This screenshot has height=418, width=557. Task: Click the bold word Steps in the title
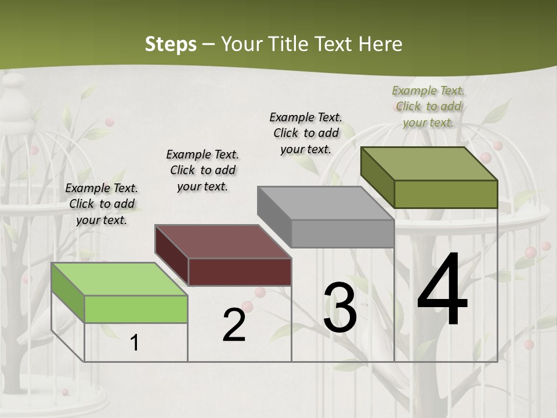tap(171, 44)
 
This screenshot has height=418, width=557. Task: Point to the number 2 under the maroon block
tap(234, 325)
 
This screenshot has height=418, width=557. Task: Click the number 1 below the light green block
tap(135, 343)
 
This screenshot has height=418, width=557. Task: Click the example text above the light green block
tap(102, 204)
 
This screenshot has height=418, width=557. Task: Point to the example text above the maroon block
tap(202, 170)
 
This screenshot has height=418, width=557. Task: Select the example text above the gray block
tap(306, 133)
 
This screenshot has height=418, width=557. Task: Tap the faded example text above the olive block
tap(428, 106)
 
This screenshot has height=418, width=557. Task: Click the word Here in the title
tap(381, 44)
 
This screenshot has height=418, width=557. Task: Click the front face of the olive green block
tap(446, 194)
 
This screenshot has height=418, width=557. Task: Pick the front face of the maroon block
tap(240, 272)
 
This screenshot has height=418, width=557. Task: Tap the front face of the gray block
tap(342, 233)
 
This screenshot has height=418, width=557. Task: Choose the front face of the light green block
tap(136, 309)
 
